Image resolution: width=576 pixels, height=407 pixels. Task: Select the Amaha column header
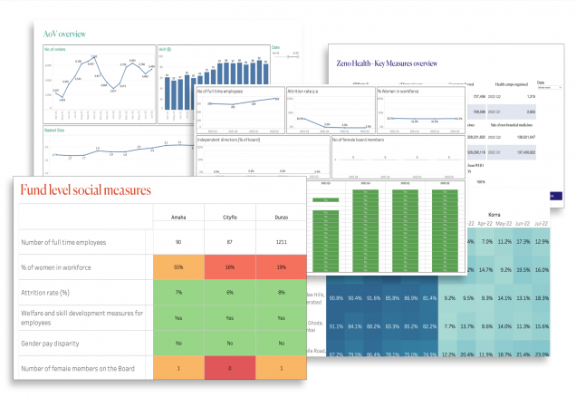tap(178, 218)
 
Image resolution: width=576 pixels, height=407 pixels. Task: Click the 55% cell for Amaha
tap(178, 267)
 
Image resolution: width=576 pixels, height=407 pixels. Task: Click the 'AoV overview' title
tap(65, 34)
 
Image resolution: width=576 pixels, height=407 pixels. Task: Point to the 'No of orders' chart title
tap(56, 50)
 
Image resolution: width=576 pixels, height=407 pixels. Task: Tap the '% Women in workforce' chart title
tap(400, 92)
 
